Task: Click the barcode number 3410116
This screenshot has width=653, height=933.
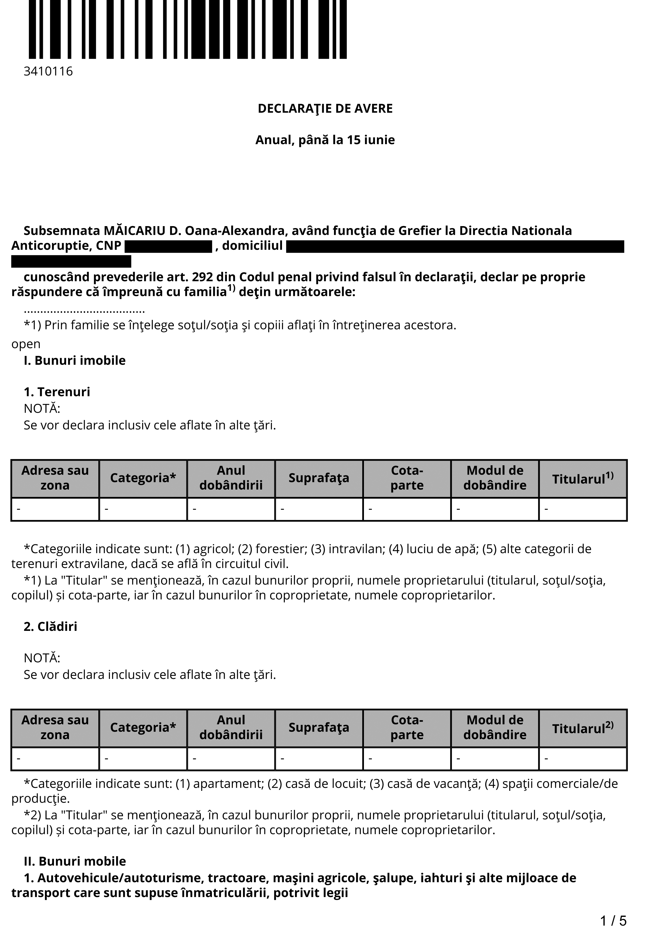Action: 48,72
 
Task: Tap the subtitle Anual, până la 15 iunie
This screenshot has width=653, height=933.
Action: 325,140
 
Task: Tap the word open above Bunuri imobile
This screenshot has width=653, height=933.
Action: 26,344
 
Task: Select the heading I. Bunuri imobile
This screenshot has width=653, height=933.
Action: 75,360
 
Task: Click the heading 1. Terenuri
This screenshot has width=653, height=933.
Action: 57,392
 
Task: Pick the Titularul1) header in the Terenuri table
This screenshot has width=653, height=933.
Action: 583,478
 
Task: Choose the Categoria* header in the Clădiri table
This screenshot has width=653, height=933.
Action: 143,728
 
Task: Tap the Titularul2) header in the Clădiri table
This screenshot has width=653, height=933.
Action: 583,728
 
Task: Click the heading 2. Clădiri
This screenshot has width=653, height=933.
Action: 50,626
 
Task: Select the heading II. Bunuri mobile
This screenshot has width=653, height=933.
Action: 75,861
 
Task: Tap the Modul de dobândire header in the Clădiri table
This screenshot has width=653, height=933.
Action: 495,728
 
